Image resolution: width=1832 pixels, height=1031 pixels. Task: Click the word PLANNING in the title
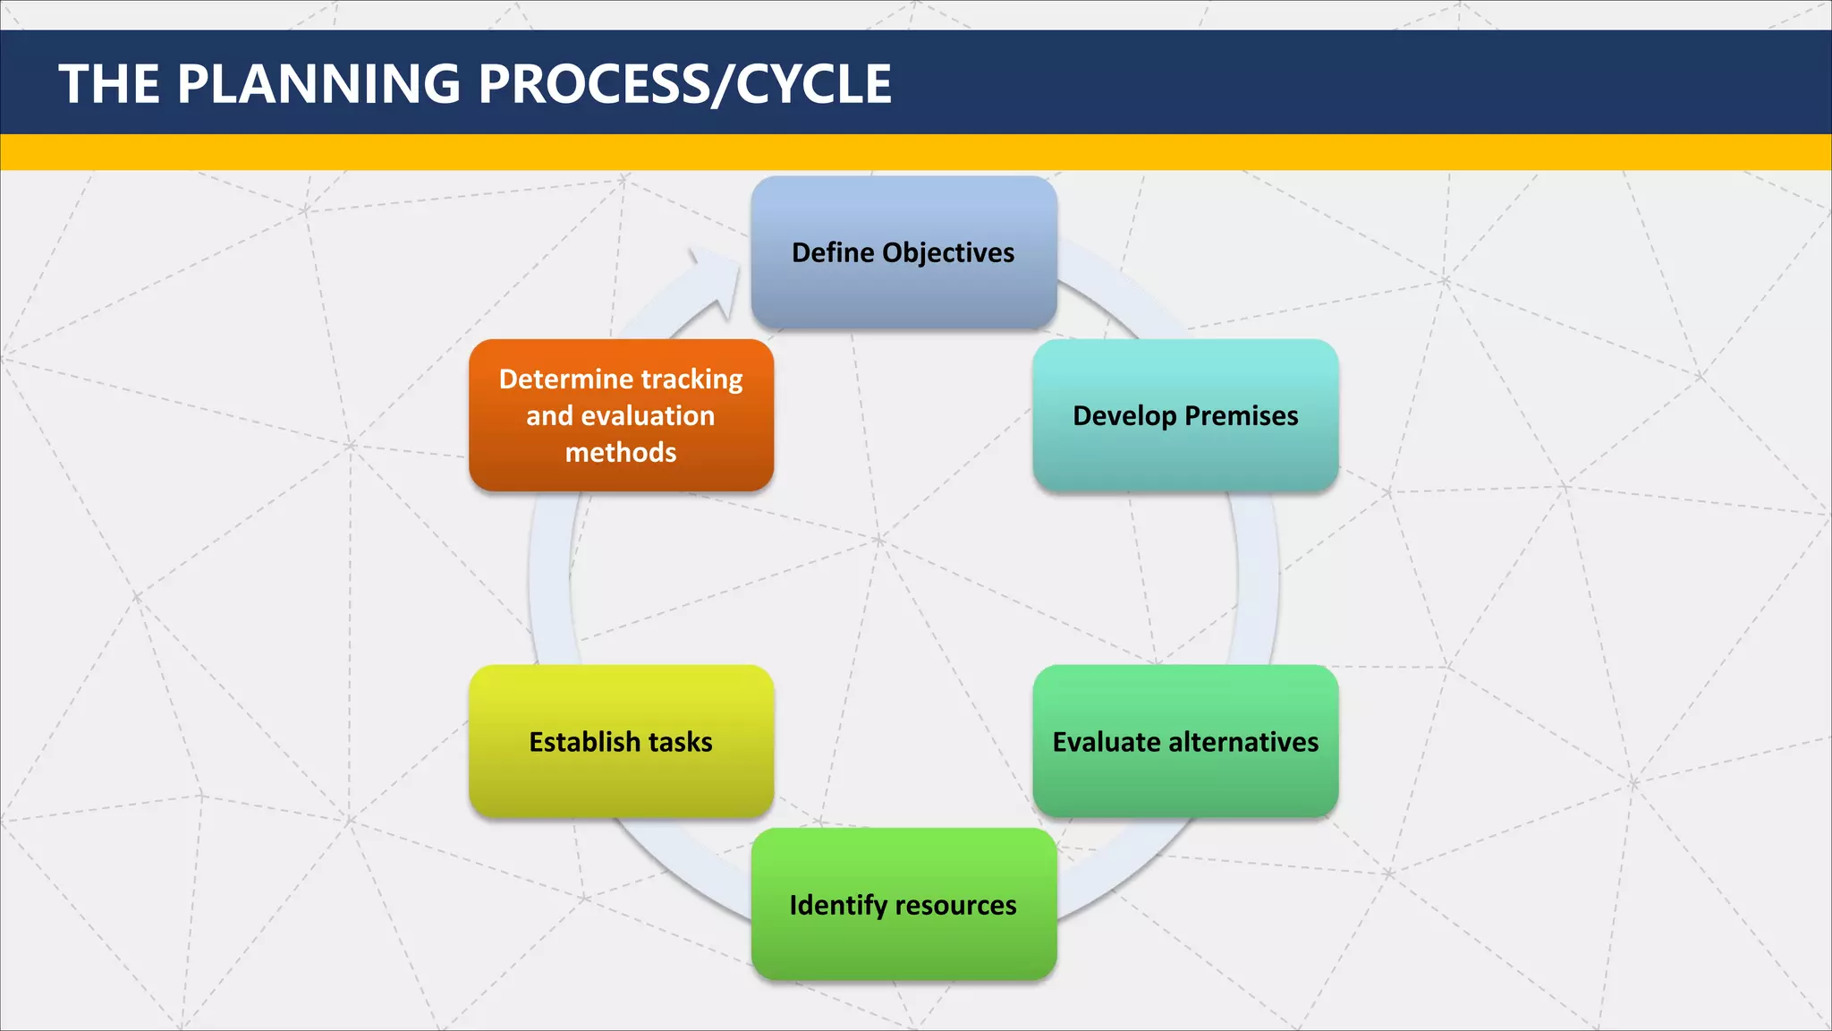click(318, 84)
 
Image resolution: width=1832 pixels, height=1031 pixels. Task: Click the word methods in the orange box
click(621, 453)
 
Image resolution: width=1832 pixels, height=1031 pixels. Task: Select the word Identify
click(837, 906)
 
